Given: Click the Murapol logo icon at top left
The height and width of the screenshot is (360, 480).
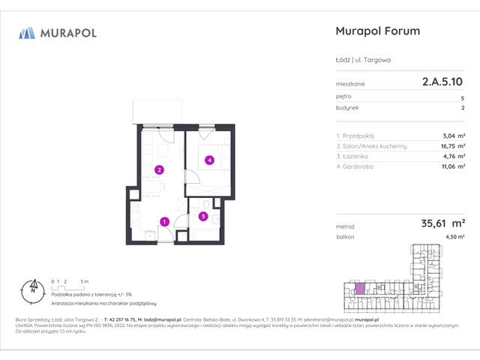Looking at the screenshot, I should pyautogui.click(x=27, y=32).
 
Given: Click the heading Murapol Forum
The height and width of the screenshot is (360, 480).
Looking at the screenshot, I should pyautogui.click(x=375, y=31).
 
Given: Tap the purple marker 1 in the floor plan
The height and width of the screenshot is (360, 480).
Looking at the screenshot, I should pyautogui.click(x=163, y=220).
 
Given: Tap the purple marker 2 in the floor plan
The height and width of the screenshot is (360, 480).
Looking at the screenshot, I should pyautogui.click(x=159, y=169).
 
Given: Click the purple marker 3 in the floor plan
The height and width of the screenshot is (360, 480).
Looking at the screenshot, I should pyautogui.click(x=202, y=216).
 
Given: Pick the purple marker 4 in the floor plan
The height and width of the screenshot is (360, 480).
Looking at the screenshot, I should pyautogui.click(x=210, y=160).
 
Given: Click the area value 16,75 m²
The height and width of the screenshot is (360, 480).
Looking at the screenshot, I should pyautogui.click(x=450, y=146).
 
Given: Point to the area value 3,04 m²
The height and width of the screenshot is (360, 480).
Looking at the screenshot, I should pyautogui.click(x=452, y=136).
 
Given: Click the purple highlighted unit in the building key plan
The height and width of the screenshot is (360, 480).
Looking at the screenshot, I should pyautogui.click(x=360, y=288).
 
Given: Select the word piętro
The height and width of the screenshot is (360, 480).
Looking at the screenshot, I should pyautogui.click(x=343, y=97).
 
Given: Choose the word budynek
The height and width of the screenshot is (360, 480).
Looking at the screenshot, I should pyautogui.click(x=346, y=108).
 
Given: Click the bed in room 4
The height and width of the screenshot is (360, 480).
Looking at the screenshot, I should pyautogui.click(x=208, y=158).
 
